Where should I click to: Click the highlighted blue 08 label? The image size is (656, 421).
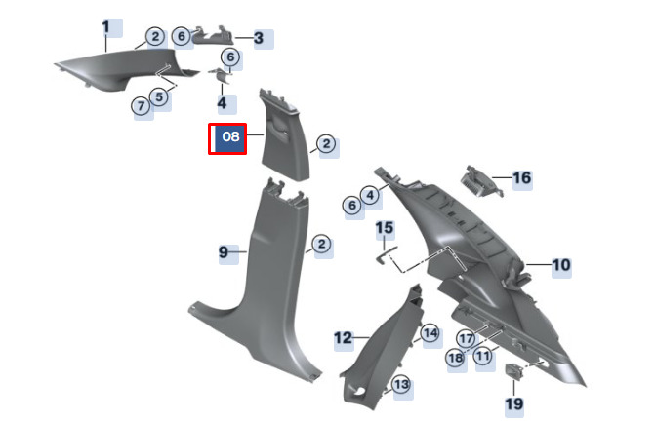227,138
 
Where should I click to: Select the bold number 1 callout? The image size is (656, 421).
105,27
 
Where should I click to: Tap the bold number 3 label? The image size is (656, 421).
259,38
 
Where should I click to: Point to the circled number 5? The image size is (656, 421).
159,97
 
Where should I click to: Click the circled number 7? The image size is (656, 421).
141,105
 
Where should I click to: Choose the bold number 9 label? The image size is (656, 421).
224,251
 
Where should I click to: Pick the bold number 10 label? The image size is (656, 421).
561,265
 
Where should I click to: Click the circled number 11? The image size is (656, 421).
483,356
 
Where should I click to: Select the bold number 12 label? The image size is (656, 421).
343,337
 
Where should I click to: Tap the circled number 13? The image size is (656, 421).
401,384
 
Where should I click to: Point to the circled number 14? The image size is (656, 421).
430,333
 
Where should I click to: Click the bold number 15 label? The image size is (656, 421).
385,228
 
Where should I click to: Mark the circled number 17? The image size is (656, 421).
466,339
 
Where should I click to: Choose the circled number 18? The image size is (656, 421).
456,357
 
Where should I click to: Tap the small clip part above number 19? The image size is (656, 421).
513,371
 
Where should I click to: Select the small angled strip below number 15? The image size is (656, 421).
387,255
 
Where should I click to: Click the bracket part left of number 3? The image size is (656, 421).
213,38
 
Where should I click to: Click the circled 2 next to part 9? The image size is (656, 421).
321,244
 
